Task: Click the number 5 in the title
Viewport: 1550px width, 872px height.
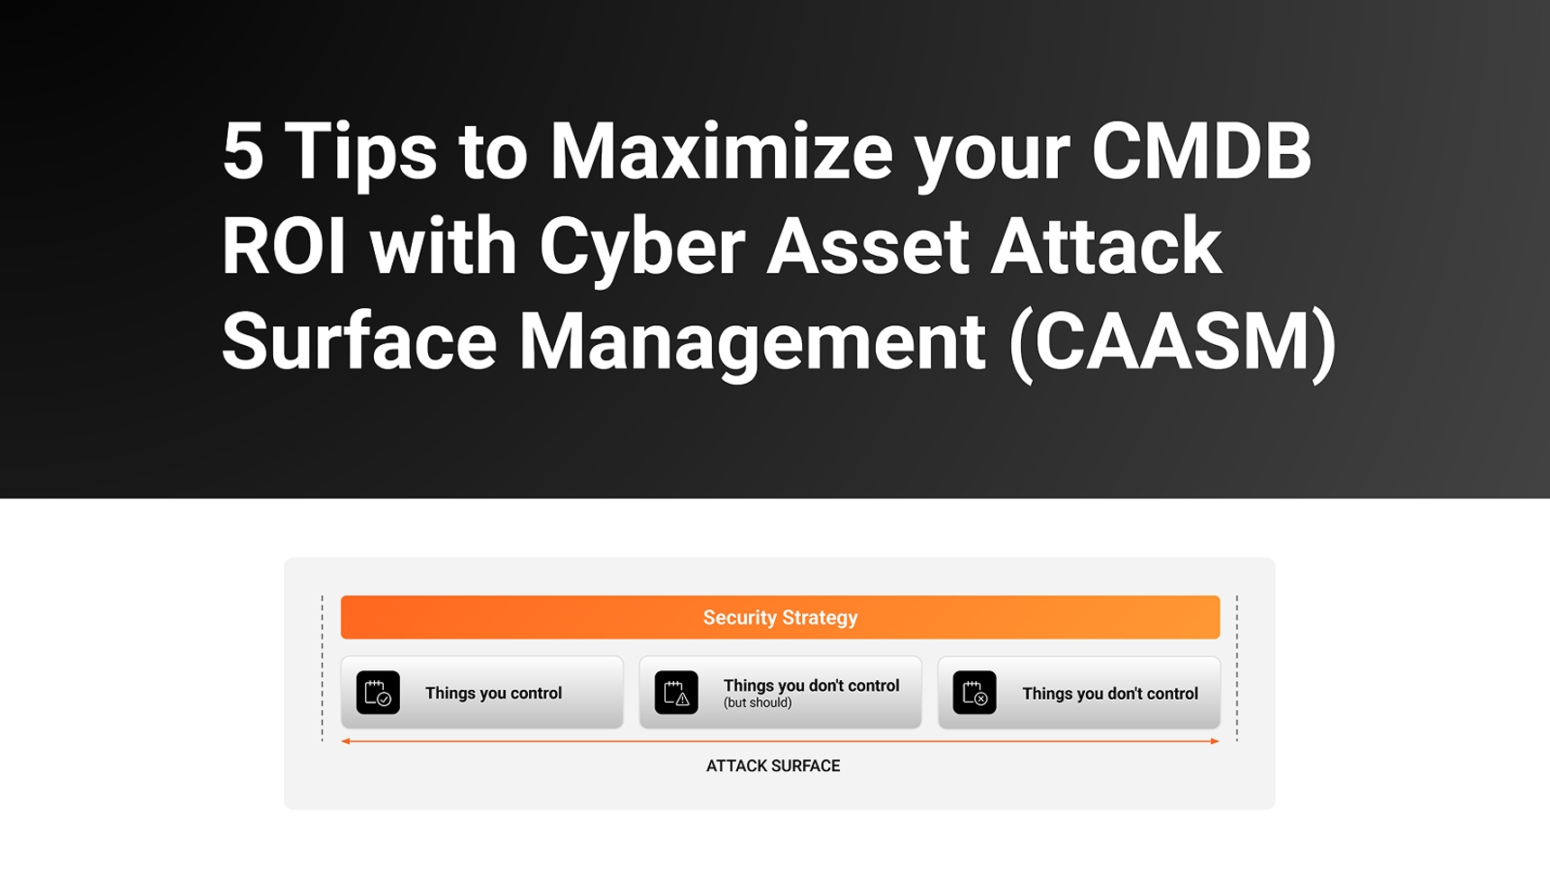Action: [242, 151]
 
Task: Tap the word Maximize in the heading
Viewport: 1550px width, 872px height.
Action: [721, 151]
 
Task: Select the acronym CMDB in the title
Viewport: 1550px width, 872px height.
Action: [1201, 151]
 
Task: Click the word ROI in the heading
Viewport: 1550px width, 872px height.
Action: [284, 246]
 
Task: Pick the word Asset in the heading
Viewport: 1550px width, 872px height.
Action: [868, 246]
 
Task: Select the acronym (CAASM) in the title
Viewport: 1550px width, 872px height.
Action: [1172, 342]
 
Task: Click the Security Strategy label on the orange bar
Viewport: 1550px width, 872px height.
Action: [780, 618]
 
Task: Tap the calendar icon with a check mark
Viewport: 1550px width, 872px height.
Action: [378, 693]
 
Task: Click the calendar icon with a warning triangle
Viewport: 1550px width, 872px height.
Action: [676, 693]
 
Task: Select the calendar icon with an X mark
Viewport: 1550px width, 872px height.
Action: [974, 693]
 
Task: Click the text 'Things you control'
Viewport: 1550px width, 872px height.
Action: [494, 694]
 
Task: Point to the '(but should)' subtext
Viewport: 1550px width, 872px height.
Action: [758, 703]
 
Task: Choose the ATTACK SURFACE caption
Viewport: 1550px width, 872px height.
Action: [773, 766]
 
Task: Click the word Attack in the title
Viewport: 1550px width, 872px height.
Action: [1106, 246]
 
